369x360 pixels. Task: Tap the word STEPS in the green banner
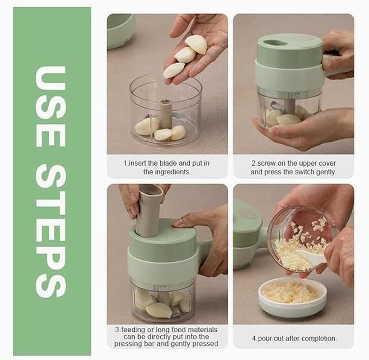(x=51, y=233)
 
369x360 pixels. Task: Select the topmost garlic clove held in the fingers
(x=196, y=44)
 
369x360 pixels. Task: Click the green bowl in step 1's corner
(x=120, y=30)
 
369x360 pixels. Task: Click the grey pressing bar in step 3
(x=148, y=210)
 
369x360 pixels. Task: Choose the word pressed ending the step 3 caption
(x=206, y=343)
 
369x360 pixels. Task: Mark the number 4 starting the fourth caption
(x=254, y=338)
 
